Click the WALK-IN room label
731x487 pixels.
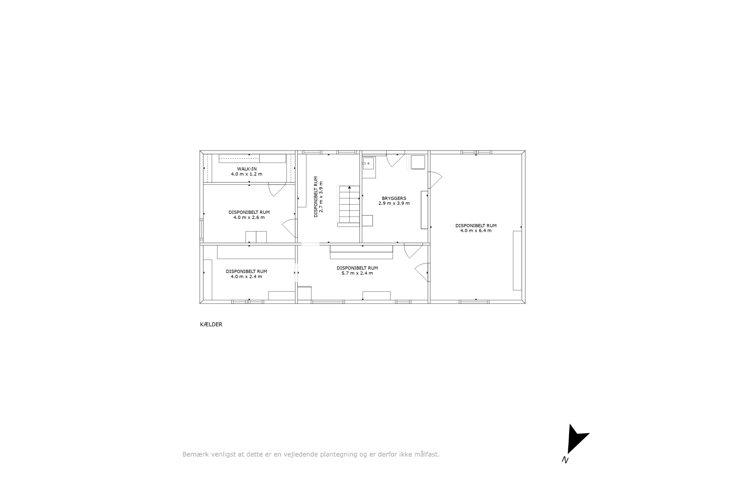(x=247, y=169)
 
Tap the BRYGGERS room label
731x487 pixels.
(x=394, y=198)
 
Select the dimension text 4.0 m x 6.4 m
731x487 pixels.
(x=476, y=231)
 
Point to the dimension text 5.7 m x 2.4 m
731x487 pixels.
(x=357, y=273)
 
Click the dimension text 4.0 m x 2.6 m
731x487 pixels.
(x=249, y=217)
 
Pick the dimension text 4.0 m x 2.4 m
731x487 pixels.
(x=246, y=276)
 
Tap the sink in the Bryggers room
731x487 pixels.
(x=368, y=163)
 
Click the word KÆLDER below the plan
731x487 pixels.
(x=211, y=325)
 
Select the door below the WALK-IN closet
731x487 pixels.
(x=277, y=189)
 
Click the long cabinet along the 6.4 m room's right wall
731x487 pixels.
(x=517, y=260)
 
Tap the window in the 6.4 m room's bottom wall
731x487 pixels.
(x=474, y=302)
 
